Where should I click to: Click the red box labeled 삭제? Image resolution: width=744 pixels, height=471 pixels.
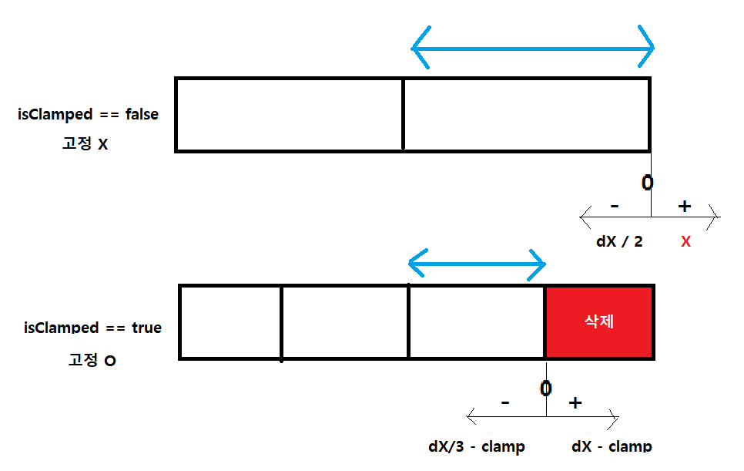(599, 321)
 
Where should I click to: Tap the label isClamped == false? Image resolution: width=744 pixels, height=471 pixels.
(88, 115)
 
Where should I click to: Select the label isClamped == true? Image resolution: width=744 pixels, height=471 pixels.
(92, 328)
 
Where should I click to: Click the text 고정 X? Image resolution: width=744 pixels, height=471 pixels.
(85, 143)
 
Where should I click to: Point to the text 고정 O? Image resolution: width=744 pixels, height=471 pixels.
(89, 359)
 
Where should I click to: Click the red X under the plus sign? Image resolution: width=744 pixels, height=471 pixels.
(685, 242)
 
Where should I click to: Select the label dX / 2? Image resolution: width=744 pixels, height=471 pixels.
(619, 241)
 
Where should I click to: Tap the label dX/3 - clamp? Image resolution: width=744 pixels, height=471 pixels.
(477, 446)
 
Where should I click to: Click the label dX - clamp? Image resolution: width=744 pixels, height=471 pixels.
(612, 446)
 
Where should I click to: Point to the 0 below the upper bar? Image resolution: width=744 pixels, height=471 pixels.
(647, 183)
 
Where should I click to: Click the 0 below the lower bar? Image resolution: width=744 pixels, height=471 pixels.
(545, 388)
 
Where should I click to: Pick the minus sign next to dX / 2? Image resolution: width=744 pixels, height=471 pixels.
(614, 207)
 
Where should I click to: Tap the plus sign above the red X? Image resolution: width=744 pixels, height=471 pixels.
(684, 206)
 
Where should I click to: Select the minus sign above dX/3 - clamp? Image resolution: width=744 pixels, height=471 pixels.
(504, 402)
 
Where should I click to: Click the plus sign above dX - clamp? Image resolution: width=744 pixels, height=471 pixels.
(575, 403)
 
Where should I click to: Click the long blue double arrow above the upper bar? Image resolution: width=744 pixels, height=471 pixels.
(532, 47)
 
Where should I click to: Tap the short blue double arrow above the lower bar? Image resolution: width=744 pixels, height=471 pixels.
(477, 264)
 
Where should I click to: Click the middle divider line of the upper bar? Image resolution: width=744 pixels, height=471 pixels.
(403, 114)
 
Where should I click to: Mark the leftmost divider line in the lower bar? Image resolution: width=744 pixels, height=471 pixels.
(281, 322)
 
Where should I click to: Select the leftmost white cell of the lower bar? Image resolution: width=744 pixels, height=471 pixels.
(230, 321)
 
